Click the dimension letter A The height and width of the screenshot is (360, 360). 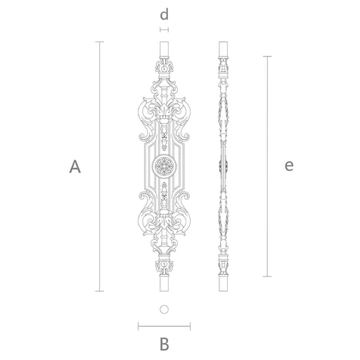pyautogui.click(x=75, y=167)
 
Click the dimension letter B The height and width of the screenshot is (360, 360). pyautogui.click(x=165, y=344)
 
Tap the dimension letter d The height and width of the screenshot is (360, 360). pyautogui.click(x=164, y=14)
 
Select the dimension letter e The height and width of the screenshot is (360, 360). pyautogui.click(x=289, y=166)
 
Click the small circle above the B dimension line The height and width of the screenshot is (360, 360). pyautogui.click(x=164, y=309)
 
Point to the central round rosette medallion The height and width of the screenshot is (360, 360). pyautogui.click(x=164, y=166)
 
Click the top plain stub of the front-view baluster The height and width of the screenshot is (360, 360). pyautogui.click(x=164, y=49)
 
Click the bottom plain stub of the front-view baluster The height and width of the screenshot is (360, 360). pyautogui.click(x=164, y=283)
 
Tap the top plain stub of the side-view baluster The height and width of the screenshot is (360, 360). pyautogui.click(x=223, y=49)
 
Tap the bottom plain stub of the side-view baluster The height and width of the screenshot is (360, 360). pyautogui.click(x=223, y=283)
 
